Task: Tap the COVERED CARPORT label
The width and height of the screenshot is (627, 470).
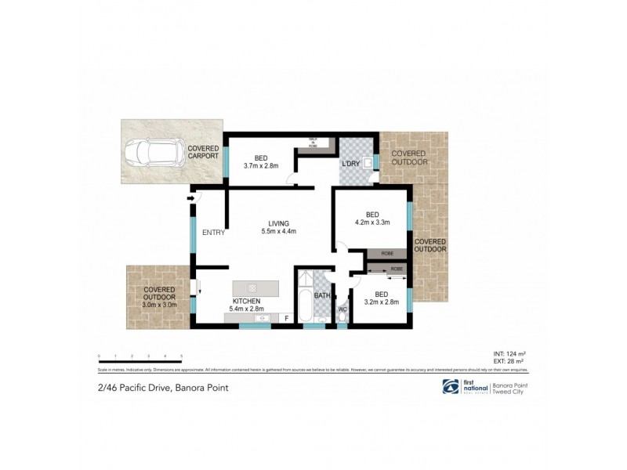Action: click(x=202, y=152)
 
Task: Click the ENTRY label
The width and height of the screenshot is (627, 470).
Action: click(x=213, y=232)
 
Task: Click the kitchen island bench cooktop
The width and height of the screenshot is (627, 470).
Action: click(x=254, y=287)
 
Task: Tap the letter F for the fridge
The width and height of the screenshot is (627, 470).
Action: click(x=286, y=318)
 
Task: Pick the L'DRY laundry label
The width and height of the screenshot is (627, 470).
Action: click(x=350, y=164)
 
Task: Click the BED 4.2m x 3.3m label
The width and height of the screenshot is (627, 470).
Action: click(x=371, y=219)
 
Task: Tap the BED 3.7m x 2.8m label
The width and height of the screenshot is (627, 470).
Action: click(x=259, y=161)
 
